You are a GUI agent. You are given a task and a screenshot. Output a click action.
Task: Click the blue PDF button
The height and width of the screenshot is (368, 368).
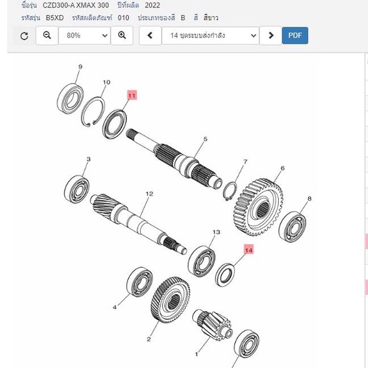tap(295, 36)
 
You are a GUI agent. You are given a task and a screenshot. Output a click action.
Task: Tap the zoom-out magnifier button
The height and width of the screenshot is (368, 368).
tap(47, 36)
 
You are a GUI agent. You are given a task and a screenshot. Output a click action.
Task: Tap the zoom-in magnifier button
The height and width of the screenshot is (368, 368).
tap(122, 36)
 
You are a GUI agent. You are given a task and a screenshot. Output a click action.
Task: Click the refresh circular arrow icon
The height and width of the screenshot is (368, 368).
tap(24, 36)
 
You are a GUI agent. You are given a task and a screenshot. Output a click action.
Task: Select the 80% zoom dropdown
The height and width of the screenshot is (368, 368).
tap(84, 36)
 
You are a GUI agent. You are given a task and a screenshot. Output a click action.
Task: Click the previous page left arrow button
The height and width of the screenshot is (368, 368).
tap(150, 36)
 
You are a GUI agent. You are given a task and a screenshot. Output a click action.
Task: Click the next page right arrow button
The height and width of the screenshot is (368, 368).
tap(271, 36)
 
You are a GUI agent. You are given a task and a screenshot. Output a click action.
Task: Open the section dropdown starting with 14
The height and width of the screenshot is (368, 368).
tap(211, 36)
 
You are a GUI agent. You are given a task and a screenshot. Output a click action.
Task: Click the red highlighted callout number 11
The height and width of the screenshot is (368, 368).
tap(132, 96)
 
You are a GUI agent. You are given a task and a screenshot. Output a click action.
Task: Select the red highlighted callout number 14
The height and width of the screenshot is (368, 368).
tap(249, 250)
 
